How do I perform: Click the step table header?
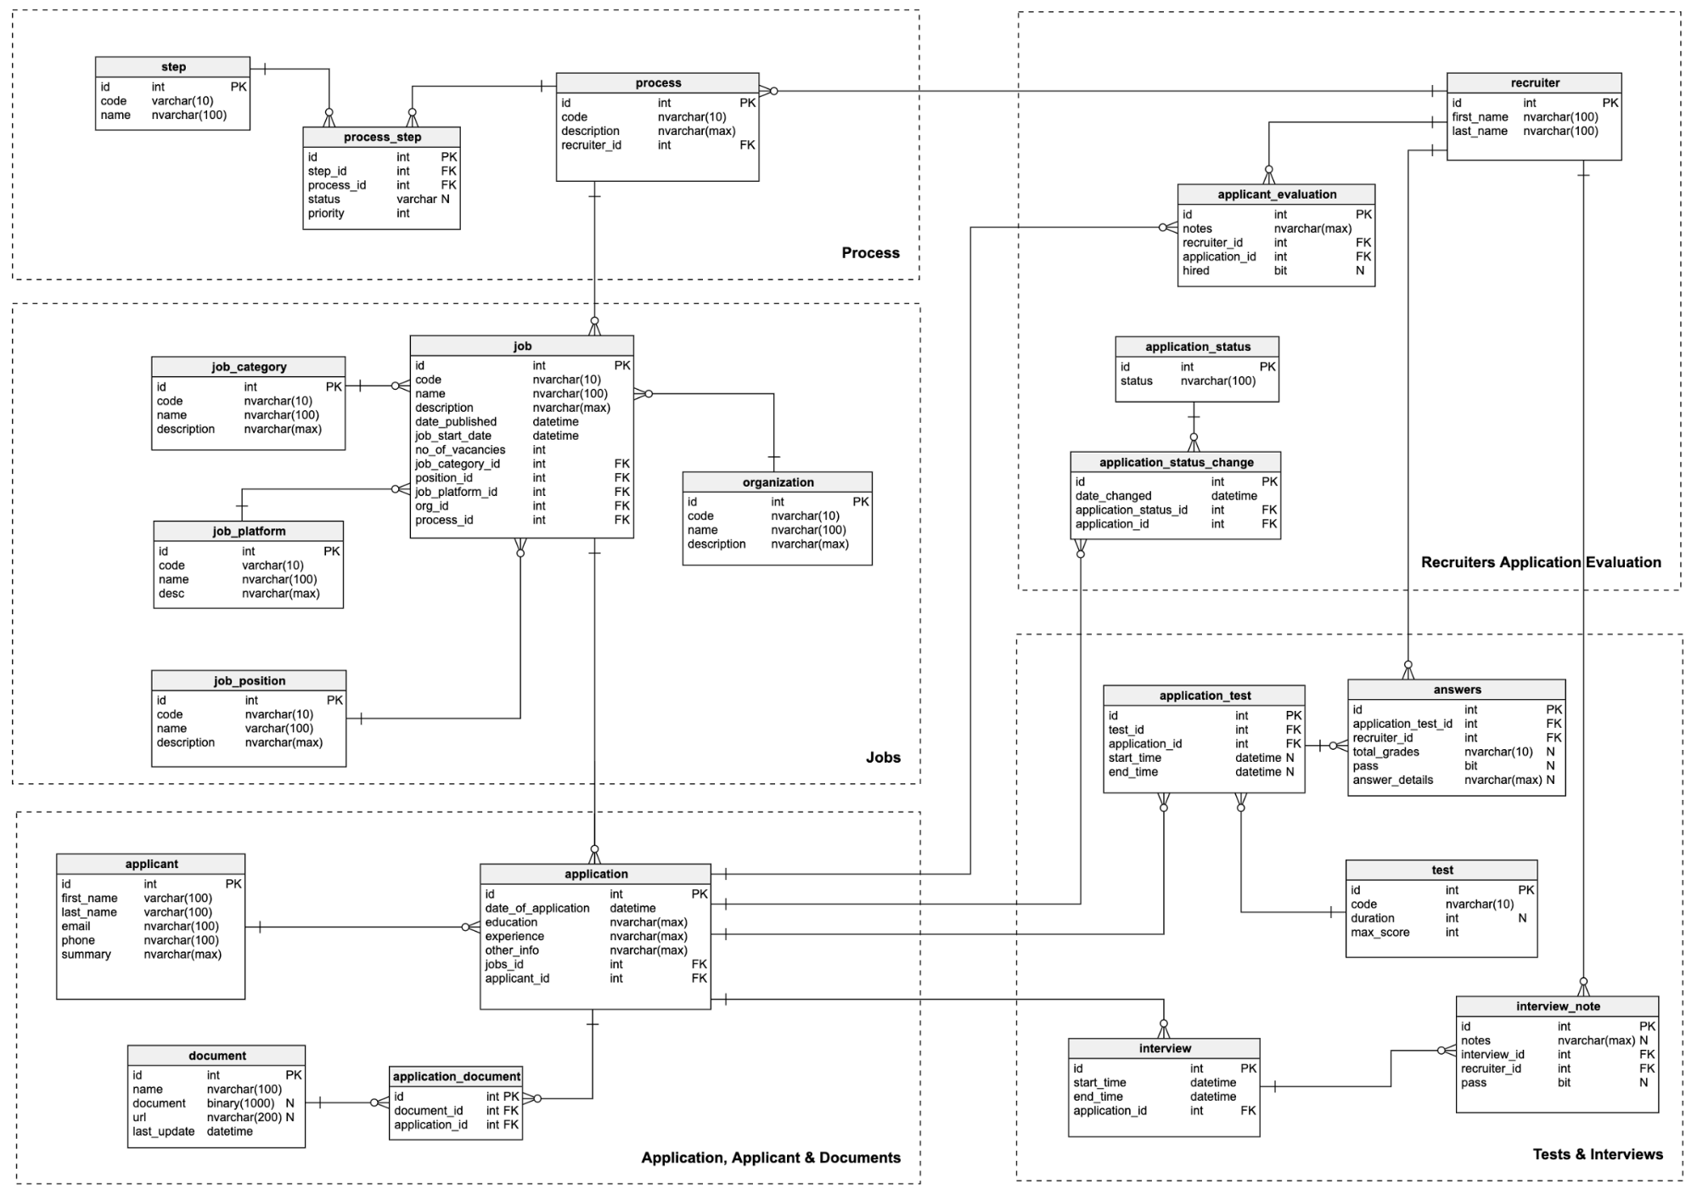point(173,67)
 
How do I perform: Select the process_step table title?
point(382,138)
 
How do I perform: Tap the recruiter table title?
point(1535,83)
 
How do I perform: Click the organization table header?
point(778,482)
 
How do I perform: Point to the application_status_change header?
point(1176,462)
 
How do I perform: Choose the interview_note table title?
point(1558,1006)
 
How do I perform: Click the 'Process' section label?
point(870,253)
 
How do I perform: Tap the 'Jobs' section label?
point(883,758)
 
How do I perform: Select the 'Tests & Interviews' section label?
point(1598,1154)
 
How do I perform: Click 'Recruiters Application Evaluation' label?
point(1541,562)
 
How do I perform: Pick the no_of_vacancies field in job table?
point(460,450)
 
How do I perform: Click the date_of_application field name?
point(537,909)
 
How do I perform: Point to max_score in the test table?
point(1380,933)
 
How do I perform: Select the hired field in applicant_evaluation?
point(1196,271)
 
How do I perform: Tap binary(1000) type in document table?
point(240,1103)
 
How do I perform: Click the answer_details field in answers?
point(1393,780)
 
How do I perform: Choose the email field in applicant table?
point(76,927)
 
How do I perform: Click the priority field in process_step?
point(326,213)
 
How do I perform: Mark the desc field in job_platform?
point(171,594)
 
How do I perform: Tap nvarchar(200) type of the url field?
point(244,1118)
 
